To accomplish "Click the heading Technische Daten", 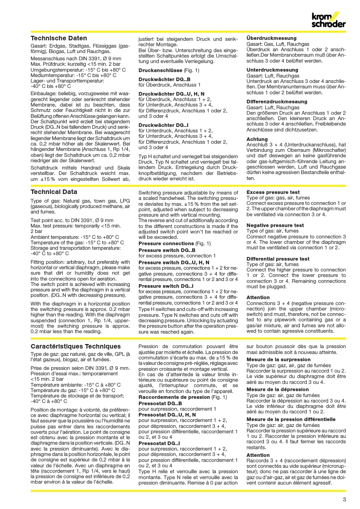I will [58, 39].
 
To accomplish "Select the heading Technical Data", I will [54, 192].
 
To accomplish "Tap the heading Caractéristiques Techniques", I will [75, 346].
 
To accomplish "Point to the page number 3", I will [345, 500].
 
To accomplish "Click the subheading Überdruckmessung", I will [271, 38].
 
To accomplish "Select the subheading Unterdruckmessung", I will [272, 70].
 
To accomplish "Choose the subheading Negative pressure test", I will [275, 225].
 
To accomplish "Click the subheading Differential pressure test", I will [278, 259].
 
